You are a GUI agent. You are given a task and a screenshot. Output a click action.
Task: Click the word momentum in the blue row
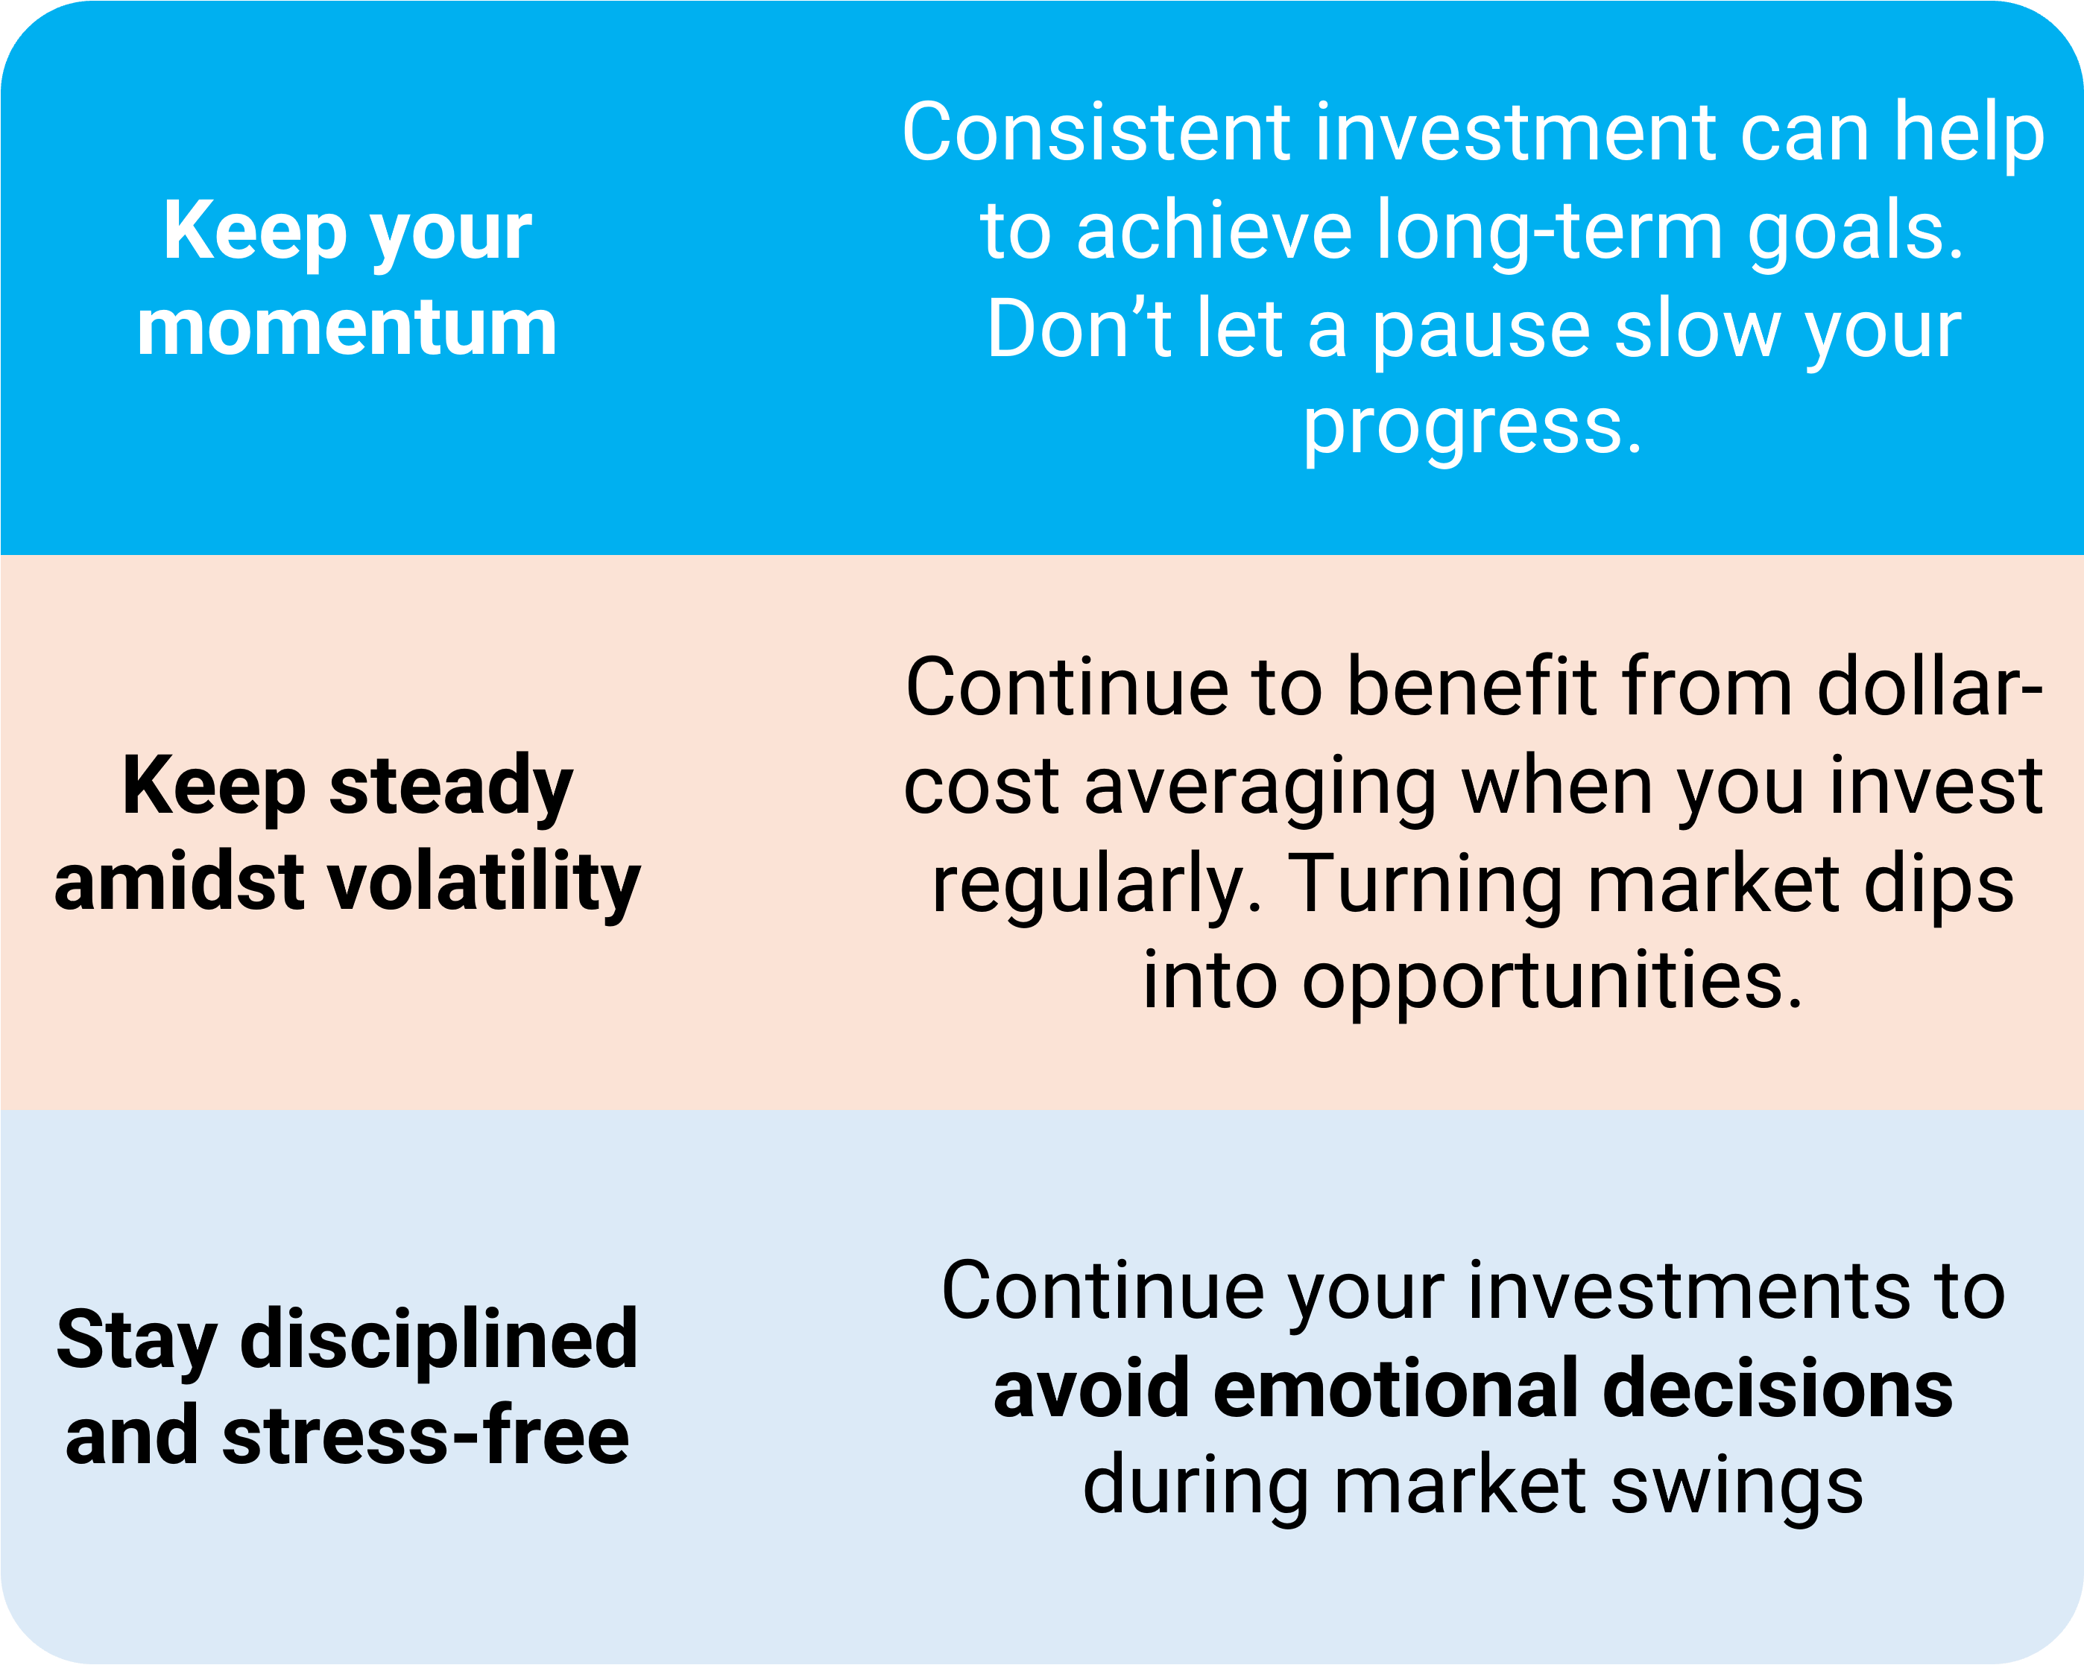tap(347, 329)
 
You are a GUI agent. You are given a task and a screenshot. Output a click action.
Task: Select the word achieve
tap(1214, 231)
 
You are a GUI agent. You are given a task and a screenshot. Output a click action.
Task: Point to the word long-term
tap(1550, 235)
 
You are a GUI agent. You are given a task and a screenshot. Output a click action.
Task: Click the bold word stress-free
tap(426, 1437)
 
